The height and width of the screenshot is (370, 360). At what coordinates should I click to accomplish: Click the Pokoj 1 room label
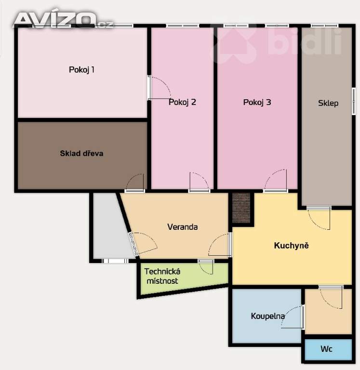click(81, 69)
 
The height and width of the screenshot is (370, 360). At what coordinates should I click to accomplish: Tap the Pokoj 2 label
click(182, 102)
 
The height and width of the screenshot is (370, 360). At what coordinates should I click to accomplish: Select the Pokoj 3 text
click(257, 102)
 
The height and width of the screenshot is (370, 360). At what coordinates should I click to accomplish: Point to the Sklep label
click(328, 103)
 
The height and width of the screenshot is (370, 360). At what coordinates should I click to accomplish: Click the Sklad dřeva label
click(81, 153)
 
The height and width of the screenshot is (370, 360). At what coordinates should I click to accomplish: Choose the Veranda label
click(183, 227)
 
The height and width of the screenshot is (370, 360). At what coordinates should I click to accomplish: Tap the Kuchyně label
click(291, 245)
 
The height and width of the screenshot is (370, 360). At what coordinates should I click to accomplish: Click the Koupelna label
click(267, 316)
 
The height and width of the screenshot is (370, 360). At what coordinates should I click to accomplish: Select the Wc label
click(326, 349)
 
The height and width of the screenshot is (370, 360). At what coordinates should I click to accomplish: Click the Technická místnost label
click(162, 276)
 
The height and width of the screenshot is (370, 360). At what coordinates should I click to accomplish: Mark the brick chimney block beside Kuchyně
click(241, 208)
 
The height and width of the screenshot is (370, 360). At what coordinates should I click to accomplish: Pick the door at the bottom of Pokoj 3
click(275, 180)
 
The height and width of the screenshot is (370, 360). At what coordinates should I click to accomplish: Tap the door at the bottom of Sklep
click(319, 218)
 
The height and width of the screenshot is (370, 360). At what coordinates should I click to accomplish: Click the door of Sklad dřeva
click(134, 183)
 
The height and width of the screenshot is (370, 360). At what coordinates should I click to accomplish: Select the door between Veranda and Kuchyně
click(219, 244)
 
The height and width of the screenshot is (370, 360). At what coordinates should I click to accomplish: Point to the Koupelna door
click(293, 317)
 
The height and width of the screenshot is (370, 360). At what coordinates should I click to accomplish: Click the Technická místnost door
click(206, 267)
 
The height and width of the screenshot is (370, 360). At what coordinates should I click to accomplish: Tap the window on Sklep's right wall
click(354, 101)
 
